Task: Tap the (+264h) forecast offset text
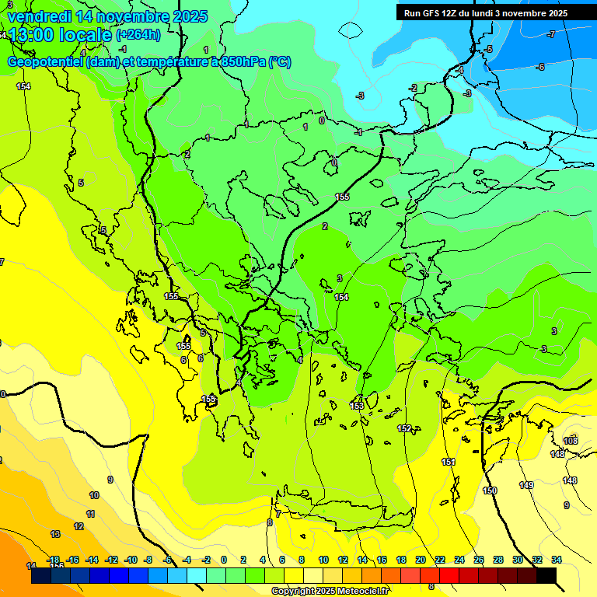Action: [138, 34]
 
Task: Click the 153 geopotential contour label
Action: [357, 406]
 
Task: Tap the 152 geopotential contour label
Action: [404, 428]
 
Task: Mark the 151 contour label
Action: [449, 462]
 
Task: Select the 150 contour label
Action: [490, 491]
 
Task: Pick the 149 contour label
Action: [526, 485]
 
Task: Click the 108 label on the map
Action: [571, 441]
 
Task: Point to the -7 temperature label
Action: [550, 34]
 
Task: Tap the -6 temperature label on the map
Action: [539, 67]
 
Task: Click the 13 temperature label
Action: [55, 534]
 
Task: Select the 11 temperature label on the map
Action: [90, 514]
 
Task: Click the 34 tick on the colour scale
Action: [557, 560]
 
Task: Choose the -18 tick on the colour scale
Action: [54, 560]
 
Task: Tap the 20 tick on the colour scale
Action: [421, 560]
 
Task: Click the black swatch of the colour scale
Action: [546, 576]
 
